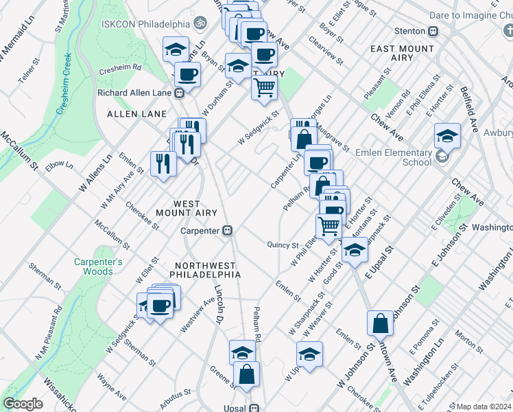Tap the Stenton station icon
[433, 32]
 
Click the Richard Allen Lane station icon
[179, 93]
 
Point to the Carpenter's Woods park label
[99, 266]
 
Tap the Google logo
[23, 404]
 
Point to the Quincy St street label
[283, 244]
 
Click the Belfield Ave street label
[470, 113]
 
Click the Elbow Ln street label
[60, 165]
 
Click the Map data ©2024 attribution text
[484, 407]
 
